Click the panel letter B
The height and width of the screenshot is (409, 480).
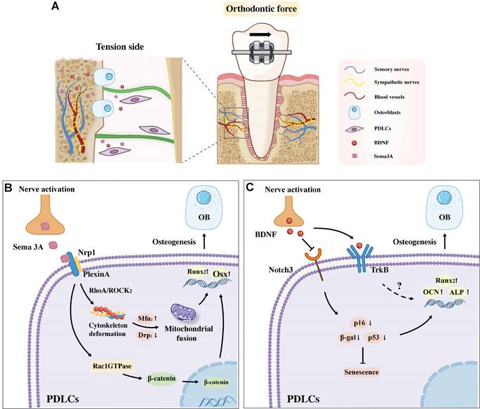coord(9,189)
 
